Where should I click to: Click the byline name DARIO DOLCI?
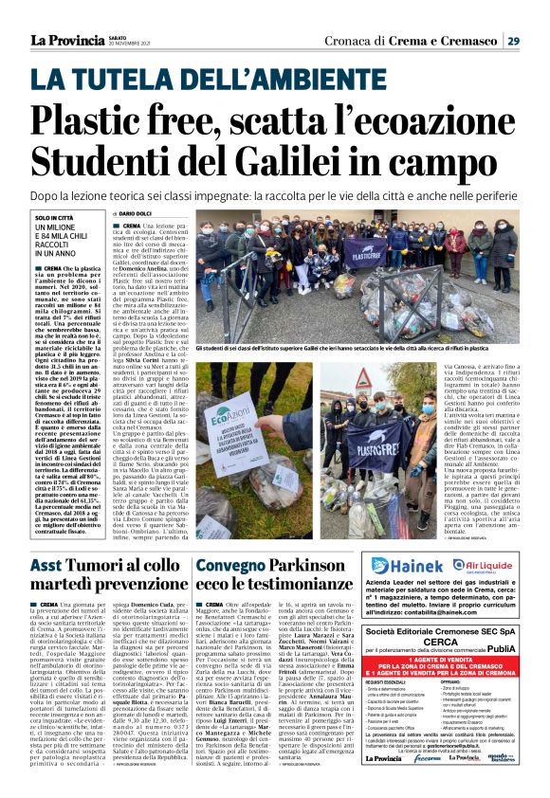[229, 215]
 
